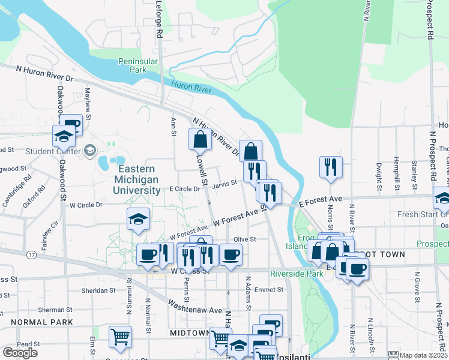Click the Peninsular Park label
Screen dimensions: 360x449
point(133,65)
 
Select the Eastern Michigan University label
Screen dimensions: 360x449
point(138,180)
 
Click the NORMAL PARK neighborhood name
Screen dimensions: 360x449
point(37,322)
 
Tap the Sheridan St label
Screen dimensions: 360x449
point(100,290)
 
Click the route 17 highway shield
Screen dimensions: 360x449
point(29,254)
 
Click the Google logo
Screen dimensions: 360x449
point(20,353)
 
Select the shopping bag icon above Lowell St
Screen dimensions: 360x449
point(200,139)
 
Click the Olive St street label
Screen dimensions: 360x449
point(244,239)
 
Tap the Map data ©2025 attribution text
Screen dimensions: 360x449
point(423,355)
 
